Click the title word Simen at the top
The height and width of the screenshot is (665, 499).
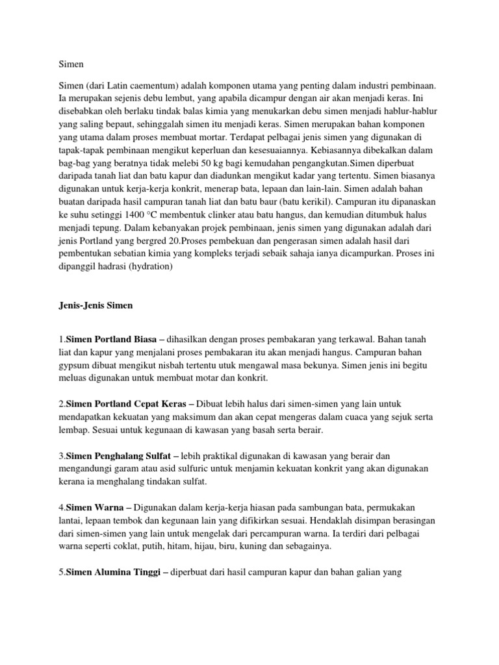[71, 64]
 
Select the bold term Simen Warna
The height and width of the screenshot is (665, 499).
[92, 507]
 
